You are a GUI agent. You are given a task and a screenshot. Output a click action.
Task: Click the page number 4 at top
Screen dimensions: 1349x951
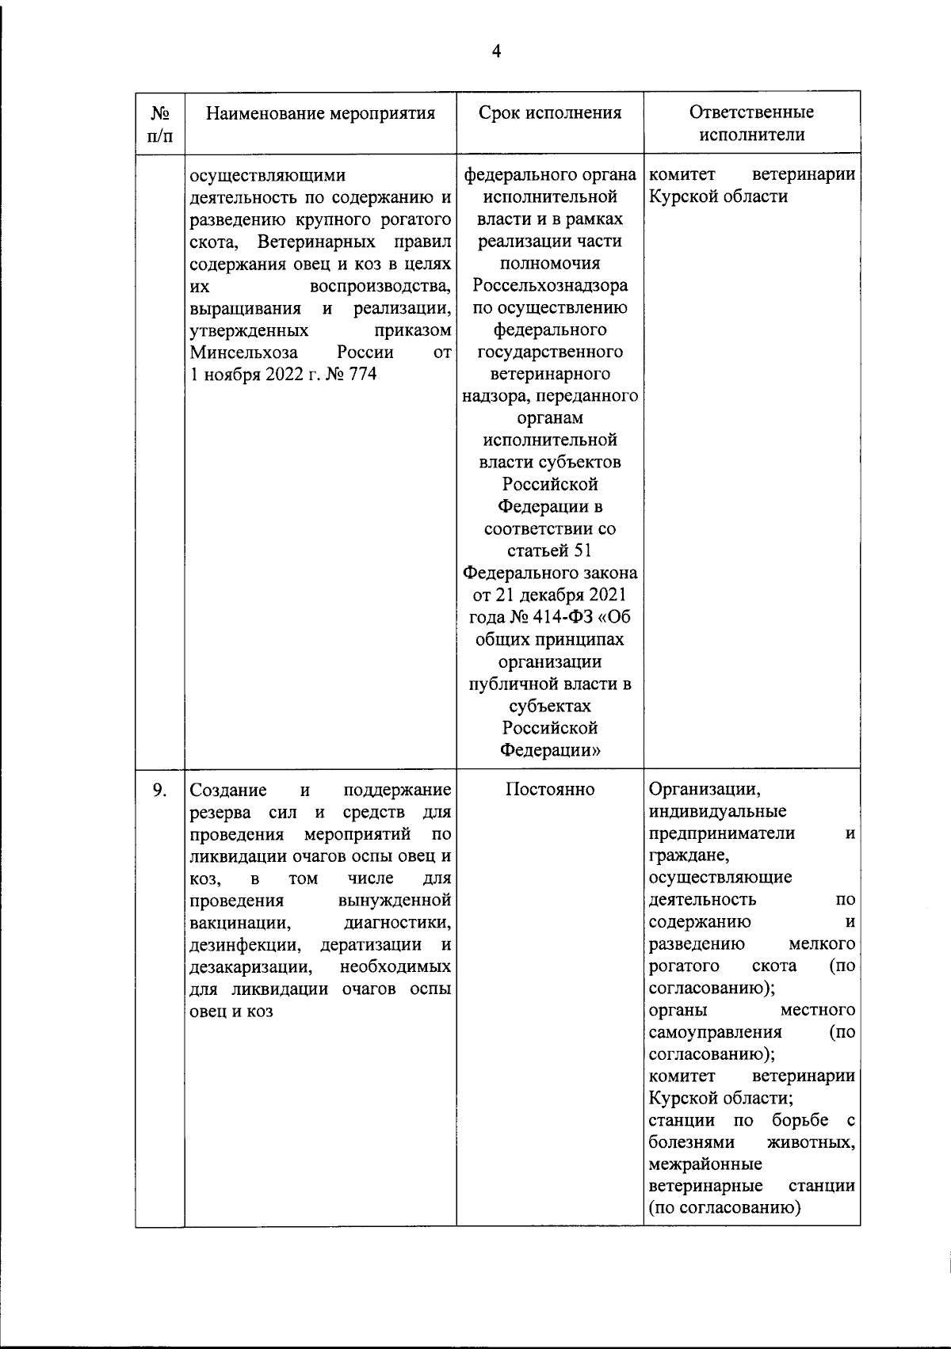coord(497,51)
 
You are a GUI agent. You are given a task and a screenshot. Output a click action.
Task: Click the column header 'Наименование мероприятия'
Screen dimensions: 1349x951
coord(320,113)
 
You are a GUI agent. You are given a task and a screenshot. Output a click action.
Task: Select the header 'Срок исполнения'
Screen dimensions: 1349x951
coord(550,112)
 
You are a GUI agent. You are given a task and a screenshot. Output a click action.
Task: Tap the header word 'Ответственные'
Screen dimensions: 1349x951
coord(751,112)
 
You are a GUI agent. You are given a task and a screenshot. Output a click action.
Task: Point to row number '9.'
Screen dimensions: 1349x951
coord(159,790)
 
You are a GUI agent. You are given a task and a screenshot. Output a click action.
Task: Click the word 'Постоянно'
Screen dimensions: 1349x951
coord(550,790)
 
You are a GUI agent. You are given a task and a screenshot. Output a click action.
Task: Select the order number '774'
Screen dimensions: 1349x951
coord(361,374)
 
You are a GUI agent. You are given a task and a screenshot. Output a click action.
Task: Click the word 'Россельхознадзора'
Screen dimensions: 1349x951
coord(550,285)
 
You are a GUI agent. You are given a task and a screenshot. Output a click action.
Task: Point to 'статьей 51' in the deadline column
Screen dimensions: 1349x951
coord(550,551)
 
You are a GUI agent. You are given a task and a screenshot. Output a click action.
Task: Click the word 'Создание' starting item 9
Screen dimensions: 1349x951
coord(229,790)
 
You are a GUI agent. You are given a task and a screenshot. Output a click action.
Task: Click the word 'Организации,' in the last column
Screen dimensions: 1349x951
coord(705,790)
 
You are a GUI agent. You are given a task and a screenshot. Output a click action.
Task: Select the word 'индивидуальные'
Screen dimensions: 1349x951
coord(717,812)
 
